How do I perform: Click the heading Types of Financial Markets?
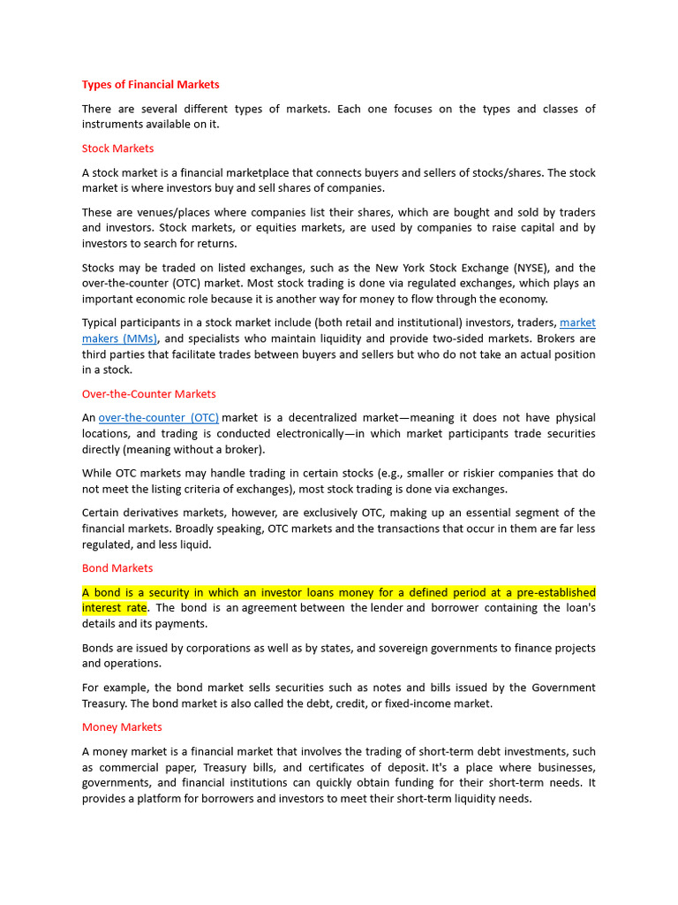tap(150, 85)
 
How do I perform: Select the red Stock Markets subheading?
tap(117, 148)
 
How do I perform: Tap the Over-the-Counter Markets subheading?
tap(148, 394)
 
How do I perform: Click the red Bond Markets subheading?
tap(117, 568)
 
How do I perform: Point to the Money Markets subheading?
tap(122, 727)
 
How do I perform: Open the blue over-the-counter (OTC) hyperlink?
tap(159, 418)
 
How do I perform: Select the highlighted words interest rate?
tap(115, 608)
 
